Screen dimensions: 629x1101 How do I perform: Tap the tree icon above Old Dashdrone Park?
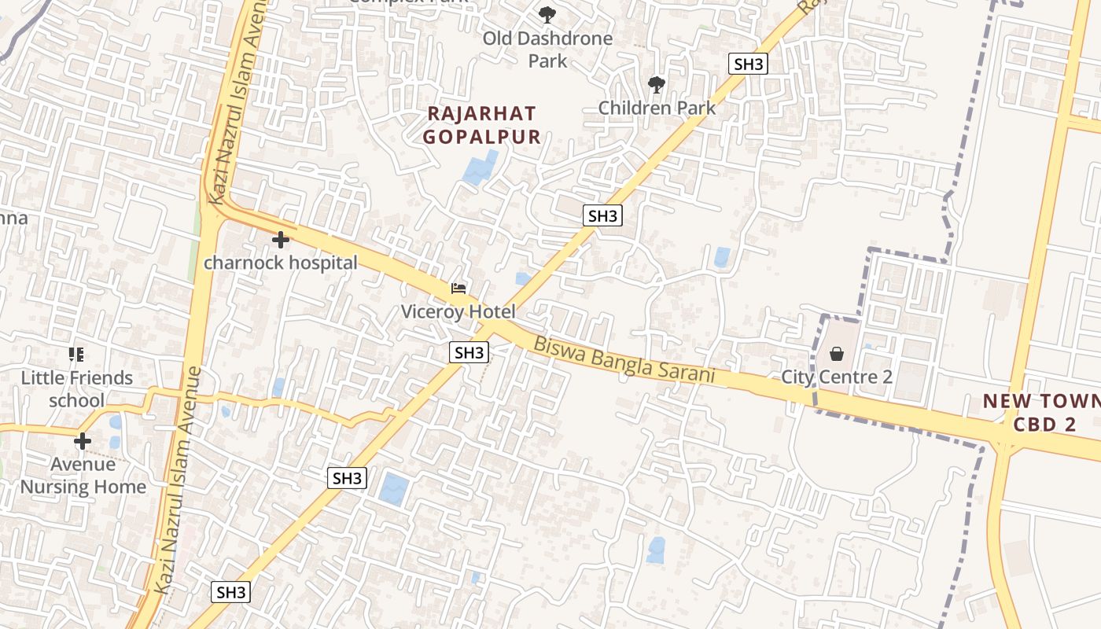point(547,14)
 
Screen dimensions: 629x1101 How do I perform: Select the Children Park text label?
point(657,108)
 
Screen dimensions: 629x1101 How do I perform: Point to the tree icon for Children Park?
point(656,84)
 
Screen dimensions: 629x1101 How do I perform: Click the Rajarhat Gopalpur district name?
point(481,125)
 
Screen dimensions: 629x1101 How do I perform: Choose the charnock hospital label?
point(281,263)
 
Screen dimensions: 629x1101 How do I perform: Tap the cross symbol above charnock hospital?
point(280,239)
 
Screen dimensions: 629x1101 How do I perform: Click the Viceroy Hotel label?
point(458,311)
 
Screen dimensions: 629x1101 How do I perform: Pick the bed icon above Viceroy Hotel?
point(458,289)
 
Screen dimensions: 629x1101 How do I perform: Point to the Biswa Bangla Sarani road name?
point(624,360)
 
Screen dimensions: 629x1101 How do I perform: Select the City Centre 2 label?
point(837,377)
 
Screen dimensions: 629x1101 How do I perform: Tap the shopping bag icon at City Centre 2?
point(837,354)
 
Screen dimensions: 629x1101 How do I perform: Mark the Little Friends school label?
point(77,389)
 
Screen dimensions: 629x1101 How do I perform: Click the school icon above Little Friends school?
point(76,355)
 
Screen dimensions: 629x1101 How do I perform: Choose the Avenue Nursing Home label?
point(83,476)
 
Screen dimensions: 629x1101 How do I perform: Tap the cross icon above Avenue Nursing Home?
point(83,440)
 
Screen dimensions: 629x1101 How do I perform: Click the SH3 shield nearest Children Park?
point(748,64)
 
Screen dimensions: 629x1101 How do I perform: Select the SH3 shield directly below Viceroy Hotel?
point(469,352)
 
